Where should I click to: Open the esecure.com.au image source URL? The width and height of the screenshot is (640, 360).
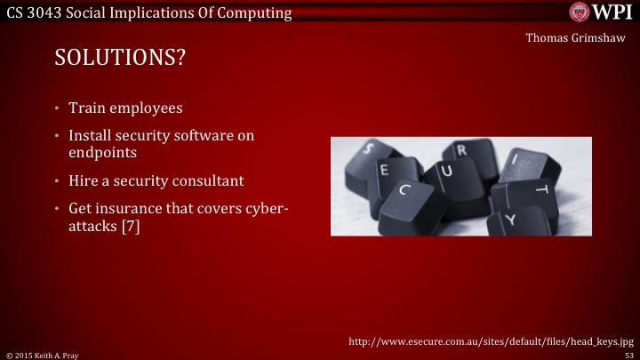[x=490, y=340]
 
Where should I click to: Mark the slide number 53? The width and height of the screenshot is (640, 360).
[x=628, y=354]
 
